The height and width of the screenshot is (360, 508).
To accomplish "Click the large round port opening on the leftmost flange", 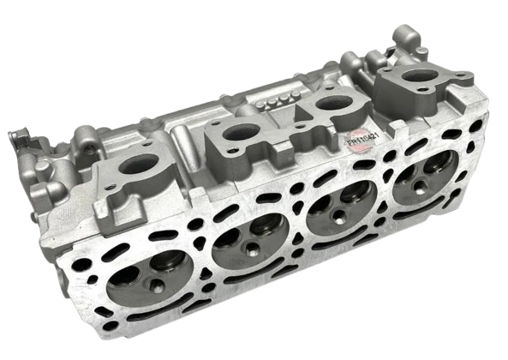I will click(136, 166).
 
